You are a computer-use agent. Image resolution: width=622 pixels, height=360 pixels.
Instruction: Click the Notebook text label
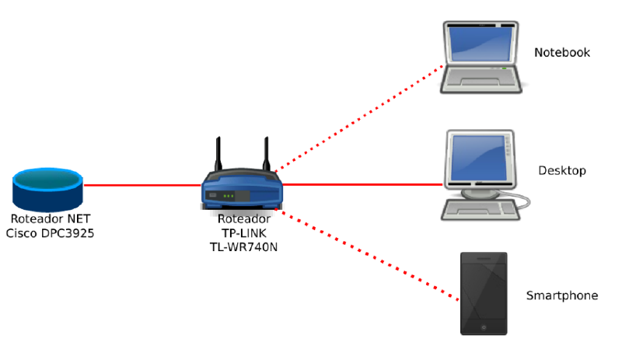tap(562, 53)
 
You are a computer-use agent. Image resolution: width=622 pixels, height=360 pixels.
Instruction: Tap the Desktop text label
tap(562, 170)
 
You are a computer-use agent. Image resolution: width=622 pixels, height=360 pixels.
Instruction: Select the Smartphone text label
tap(562, 295)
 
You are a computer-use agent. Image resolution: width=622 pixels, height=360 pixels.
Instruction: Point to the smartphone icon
tap(484, 294)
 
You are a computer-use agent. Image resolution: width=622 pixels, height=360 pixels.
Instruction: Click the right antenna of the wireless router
tap(266, 155)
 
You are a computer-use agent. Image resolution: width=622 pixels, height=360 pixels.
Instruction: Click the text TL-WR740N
tap(244, 247)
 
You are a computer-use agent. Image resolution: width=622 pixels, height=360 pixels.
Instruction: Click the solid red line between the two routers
tap(140, 185)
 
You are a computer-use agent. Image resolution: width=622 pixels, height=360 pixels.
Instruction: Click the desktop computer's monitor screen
tap(476, 156)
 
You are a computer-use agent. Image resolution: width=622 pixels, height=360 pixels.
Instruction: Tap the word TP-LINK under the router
tap(244, 233)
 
